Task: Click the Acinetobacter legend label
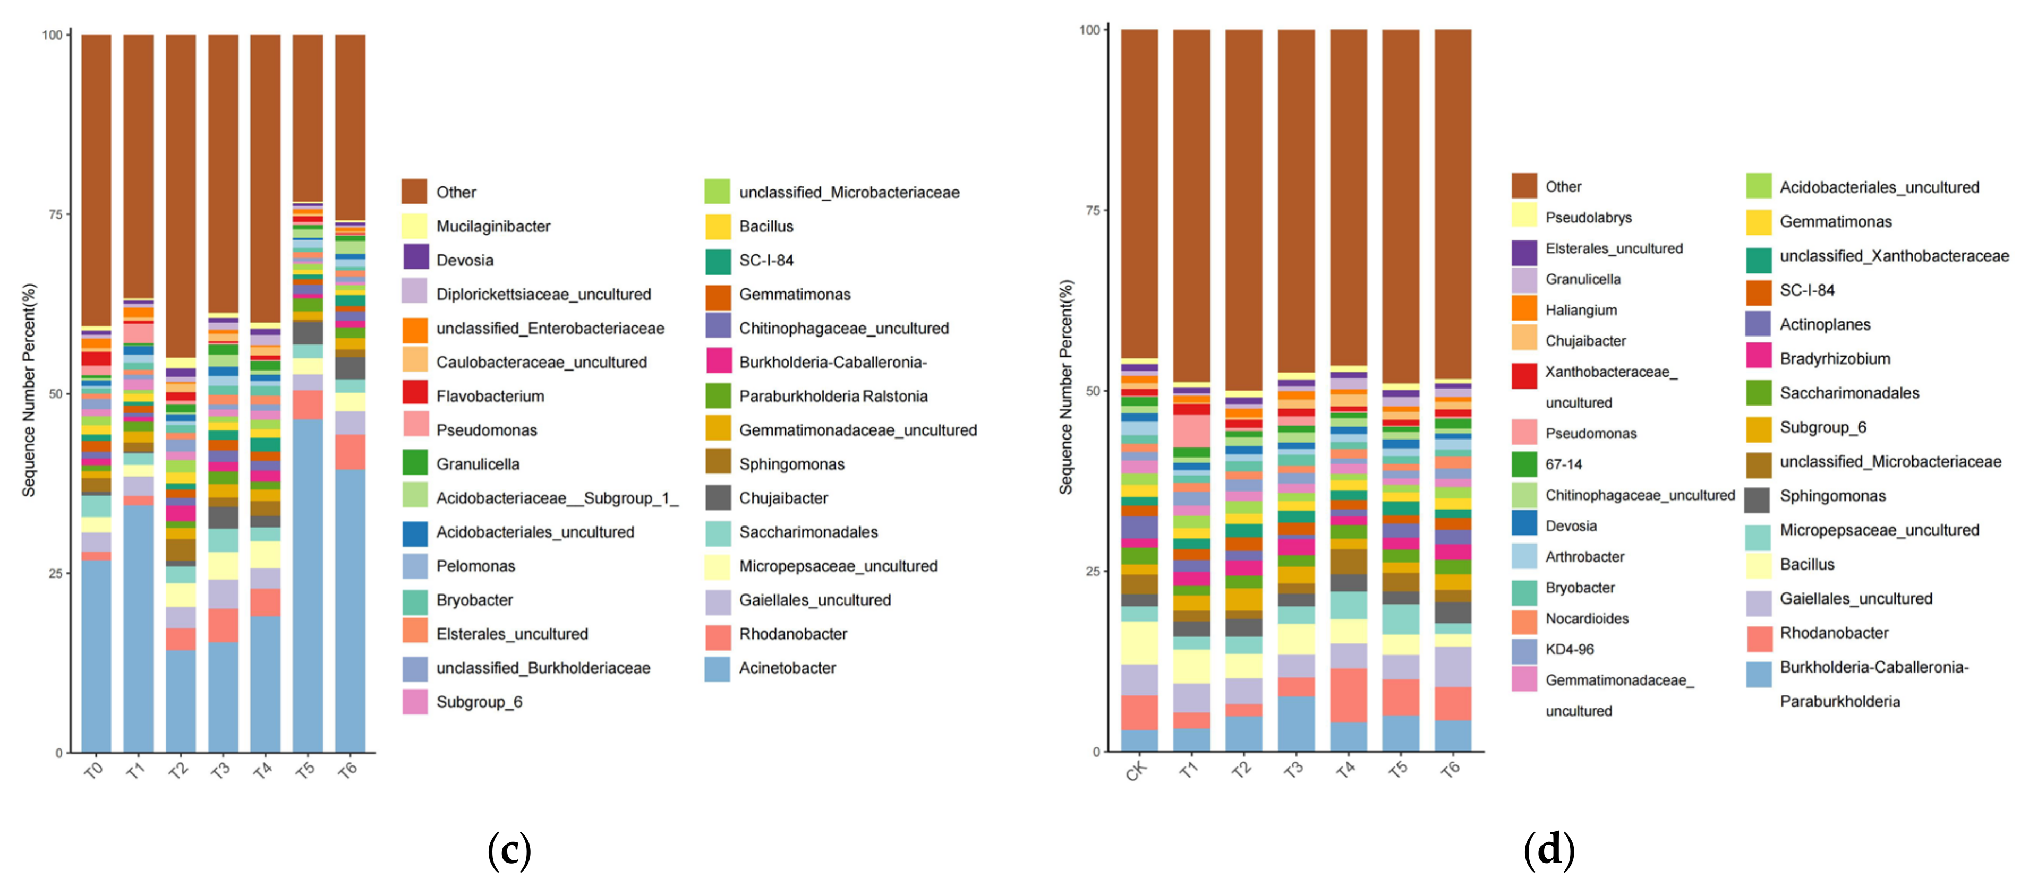click(x=787, y=668)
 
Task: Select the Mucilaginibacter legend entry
click(x=493, y=227)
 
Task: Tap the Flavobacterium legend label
click(x=490, y=396)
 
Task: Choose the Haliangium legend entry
click(x=1581, y=310)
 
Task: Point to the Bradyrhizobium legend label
click(x=1835, y=359)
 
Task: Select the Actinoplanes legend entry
click(x=1824, y=324)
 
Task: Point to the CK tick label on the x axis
click(x=1136, y=771)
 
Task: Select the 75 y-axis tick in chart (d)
click(x=1091, y=210)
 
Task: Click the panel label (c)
click(x=509, y=850)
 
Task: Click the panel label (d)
click(x=1548, y=850)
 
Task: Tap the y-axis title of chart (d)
click(x=1065, y=387)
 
